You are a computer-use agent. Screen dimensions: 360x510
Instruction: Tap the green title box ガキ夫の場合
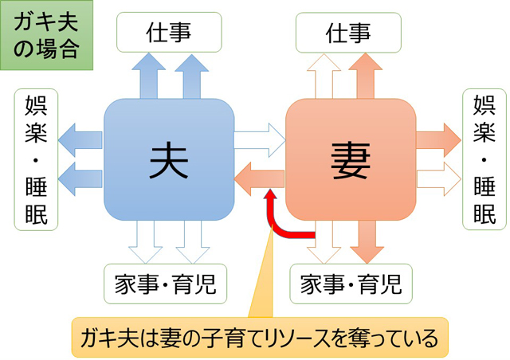tap(47, 37)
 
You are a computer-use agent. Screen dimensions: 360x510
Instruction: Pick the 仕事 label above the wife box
tap(349, 33)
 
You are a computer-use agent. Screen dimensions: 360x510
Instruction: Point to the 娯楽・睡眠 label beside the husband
tap(36, 159)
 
